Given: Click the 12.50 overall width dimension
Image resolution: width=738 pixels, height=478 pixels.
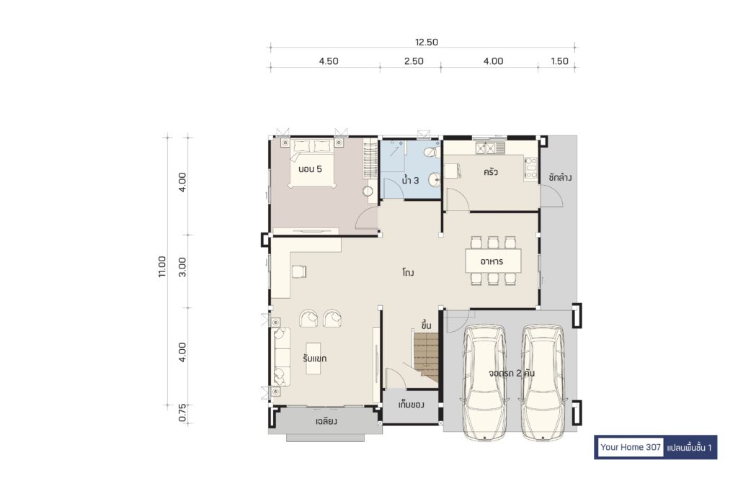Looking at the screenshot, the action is (427, 42).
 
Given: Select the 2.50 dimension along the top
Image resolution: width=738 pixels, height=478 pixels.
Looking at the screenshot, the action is (414, 61).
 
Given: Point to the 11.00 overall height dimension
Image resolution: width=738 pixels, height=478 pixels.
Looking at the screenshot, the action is (162, 266).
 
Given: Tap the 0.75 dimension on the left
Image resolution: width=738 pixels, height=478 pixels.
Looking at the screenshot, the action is (182, 413).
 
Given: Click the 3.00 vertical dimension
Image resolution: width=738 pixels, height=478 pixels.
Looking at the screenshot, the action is (182, 266).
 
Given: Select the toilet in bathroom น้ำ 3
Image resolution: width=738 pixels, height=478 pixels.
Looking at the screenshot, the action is (431, 153).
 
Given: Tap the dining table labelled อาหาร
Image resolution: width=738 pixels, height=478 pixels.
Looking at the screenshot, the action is (493, 261).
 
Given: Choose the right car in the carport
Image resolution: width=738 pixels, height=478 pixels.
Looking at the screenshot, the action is (543, 382).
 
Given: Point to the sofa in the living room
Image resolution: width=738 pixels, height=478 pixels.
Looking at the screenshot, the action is (282, 357).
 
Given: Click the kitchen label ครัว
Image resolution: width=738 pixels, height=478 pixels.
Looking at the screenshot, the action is (490, 172).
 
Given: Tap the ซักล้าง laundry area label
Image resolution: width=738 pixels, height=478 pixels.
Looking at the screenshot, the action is (560, 178).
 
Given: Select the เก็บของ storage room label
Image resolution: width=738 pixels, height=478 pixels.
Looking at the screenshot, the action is (412, 405).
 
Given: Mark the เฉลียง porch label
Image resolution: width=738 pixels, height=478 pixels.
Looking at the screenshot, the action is (326, 421).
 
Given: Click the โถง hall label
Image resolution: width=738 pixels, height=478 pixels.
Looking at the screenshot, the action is (408, 273).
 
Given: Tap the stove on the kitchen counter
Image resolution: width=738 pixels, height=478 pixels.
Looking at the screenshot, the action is (531, 168).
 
